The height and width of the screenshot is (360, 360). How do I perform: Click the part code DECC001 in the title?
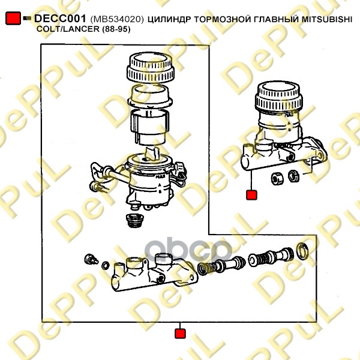(60, 19)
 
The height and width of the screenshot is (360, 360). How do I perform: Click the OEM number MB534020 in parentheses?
(117, 20)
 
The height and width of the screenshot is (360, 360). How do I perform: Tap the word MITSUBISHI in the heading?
(327, 20)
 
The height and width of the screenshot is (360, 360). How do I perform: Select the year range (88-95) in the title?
(116, 29)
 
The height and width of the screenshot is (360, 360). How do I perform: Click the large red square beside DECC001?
(13, 19)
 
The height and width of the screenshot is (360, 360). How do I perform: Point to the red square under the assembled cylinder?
(251, 195)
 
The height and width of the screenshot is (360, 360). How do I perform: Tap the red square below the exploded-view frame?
(180, 334)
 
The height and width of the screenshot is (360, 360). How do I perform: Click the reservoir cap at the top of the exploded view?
(151, 67)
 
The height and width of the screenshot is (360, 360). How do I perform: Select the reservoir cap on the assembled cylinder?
(279, 97)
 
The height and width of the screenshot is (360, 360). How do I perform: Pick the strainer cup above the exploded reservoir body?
(149, 128)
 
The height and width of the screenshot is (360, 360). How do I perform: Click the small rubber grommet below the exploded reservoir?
(135, 221)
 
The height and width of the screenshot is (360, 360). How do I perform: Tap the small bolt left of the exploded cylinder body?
(91, 259)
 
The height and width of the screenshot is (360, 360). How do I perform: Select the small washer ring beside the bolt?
(106, 265)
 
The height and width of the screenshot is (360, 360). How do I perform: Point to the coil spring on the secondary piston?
(205, 268)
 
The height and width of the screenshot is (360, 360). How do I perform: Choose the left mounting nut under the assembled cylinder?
(277, 179)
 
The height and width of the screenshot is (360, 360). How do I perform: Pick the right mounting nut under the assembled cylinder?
(293, 176)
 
